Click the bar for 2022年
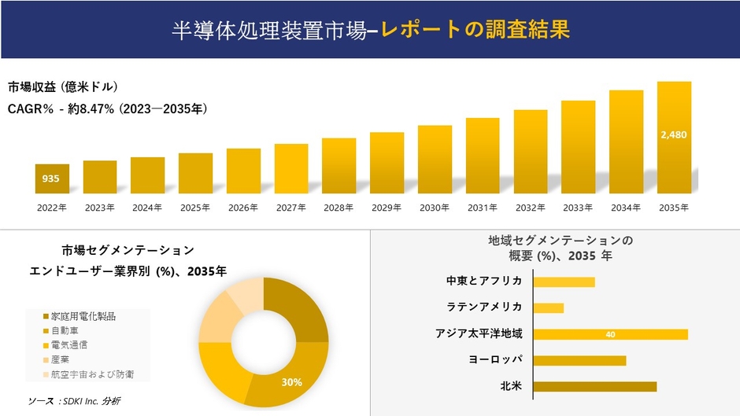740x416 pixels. pyautogui.click(x=52, y=179)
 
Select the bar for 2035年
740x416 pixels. pyautogui.click(x=674, y=138)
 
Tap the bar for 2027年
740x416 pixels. pyautogui.click(x=291, y=168)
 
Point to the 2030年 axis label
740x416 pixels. pyautogui.click(x=435, y=208)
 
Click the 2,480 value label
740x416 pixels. pyautogui.click(x=674, y=134)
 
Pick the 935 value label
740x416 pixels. pyautogui.click(x=51, y=179)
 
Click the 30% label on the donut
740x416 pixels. pyautogui.click(x=292, y=382)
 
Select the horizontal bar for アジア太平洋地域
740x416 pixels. pyautogui.click(x=610, y=334)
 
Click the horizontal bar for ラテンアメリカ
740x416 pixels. pyautogui.click(x=549, y=307)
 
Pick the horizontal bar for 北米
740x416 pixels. pyautogui.click(x=594, y=386)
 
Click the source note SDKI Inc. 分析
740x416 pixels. pyautogui.click(x=74, y=401)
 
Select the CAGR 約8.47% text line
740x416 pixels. pyautogui.click(x=108, y=109)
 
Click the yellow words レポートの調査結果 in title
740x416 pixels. pyautogui.click(x=475, y=30)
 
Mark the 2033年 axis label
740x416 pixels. pyautogui.click(x=578, y=208)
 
